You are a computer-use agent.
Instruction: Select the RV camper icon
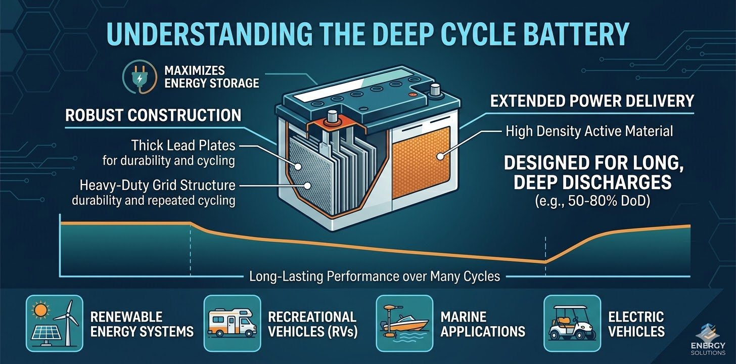(232, 324)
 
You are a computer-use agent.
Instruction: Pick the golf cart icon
(572, 324)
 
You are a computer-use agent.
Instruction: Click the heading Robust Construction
(153, 115)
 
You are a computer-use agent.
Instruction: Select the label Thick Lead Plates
(183, 146)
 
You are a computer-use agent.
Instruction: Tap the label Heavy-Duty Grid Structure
(157, 185)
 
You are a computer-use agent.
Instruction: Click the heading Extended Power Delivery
(592, 101)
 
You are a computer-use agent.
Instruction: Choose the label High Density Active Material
(589, 132)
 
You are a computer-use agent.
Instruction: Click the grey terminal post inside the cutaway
(332, 121)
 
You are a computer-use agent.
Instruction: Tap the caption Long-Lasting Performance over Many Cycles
(375, 276)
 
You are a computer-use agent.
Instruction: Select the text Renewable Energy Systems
(142, 324)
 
